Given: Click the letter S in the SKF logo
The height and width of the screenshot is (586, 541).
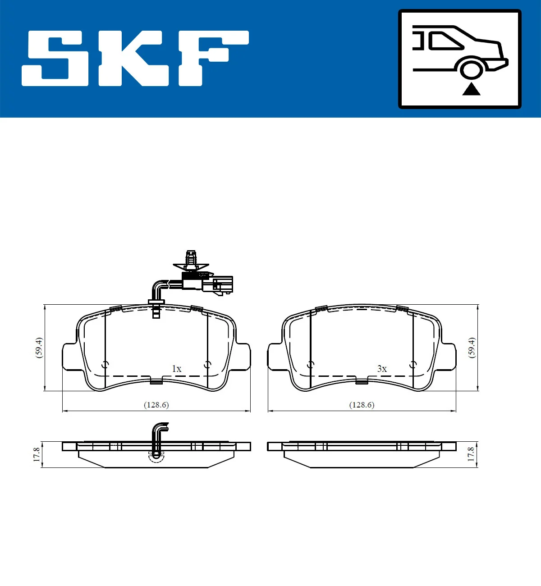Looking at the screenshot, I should point(55,59).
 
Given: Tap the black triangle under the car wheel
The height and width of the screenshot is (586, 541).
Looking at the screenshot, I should point(471,89).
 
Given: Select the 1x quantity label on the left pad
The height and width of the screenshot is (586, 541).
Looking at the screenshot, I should point(177,369).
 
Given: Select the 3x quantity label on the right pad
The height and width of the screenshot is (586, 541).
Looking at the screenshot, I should point(382,369).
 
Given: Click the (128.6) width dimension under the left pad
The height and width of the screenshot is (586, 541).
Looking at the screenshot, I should point(156,405).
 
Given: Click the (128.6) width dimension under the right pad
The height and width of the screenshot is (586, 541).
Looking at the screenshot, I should point(362,405).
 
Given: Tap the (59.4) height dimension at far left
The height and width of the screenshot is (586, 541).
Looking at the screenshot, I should point(39,347).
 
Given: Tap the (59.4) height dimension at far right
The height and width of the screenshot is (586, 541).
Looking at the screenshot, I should point(472,347).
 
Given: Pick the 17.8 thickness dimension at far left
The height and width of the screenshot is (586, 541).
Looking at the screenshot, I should point(37,454).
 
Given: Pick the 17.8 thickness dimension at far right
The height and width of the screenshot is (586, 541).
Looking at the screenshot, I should point(471,454).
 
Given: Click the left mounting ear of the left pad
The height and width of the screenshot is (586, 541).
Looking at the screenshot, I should point(70,357).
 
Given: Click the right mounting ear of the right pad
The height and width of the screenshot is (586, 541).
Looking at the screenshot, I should point(448,357).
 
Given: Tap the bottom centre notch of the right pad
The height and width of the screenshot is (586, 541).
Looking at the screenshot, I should point(362,382).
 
